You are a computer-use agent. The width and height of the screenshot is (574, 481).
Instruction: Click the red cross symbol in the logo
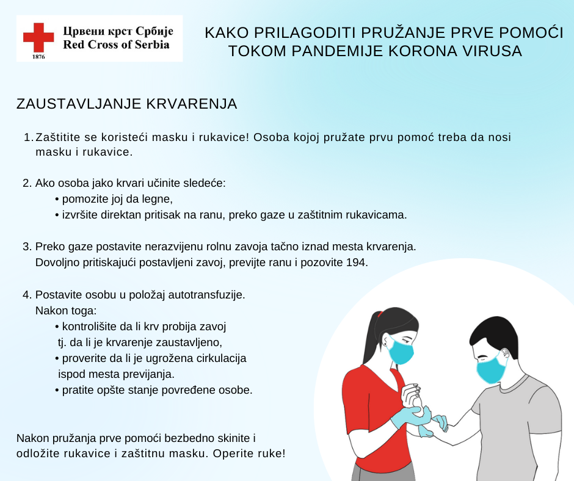tap(38, 37)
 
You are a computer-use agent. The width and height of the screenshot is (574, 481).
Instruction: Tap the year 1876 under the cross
tap(38, 56)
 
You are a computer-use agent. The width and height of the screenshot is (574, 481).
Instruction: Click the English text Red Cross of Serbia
tap(116, 45)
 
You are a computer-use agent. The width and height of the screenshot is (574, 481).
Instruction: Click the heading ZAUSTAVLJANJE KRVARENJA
tap(126, 104)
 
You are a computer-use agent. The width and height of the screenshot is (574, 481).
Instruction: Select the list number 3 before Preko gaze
tap(26, 247)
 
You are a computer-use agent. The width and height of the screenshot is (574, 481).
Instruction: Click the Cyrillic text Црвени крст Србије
tap(118, 31)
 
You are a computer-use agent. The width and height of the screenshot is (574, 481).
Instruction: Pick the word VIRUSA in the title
tap(494, 51)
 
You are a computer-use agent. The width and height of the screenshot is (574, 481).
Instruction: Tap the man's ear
tap(504, 355)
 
